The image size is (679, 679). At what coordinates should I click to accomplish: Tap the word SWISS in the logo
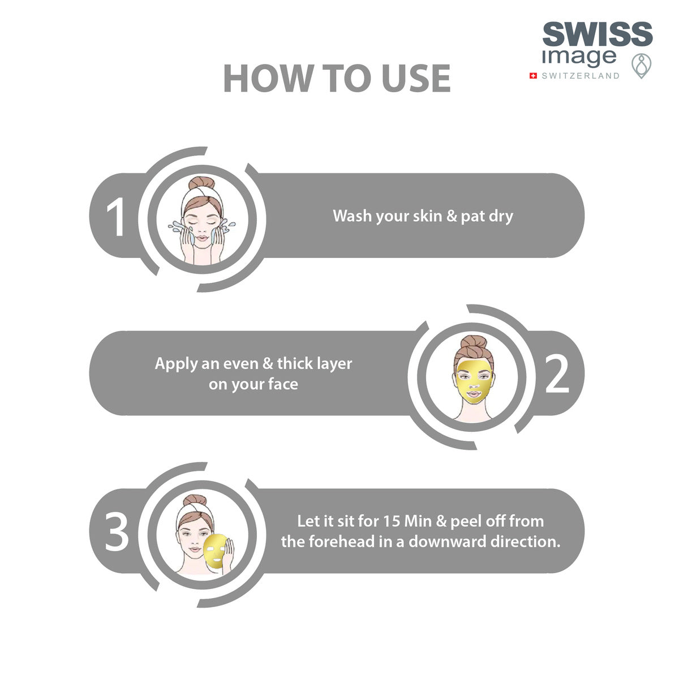[598, 36]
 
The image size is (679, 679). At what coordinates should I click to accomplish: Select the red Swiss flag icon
[533, 76]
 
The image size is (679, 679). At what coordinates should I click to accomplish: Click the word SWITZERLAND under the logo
[581, 76]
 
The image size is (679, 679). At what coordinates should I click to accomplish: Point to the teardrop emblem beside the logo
[641, 66]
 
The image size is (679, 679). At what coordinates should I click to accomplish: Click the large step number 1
[117, 218]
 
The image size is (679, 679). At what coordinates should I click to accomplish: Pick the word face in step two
[283, 384]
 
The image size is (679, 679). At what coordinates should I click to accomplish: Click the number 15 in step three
[392, 521]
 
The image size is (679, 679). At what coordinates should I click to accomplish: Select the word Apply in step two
[176, 363]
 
